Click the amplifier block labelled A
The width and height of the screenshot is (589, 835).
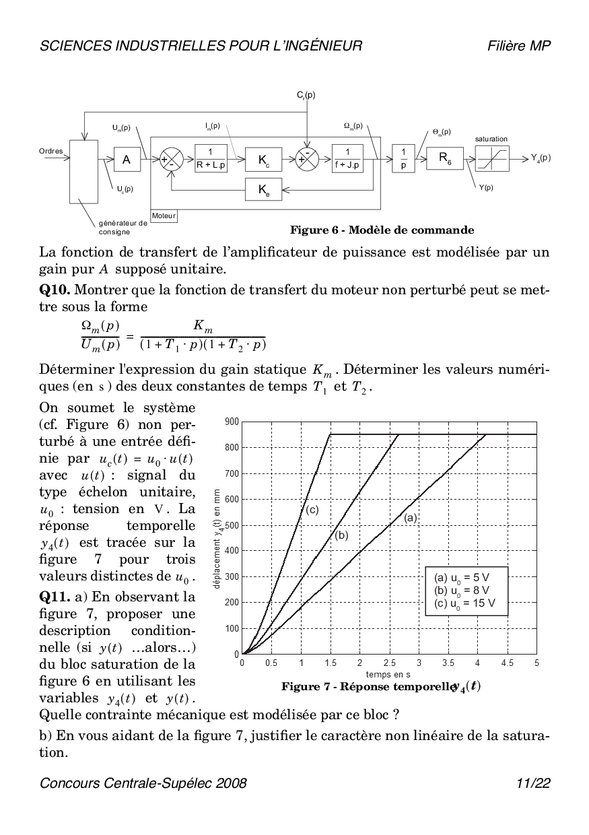pyautogui.click(x=126, y=160)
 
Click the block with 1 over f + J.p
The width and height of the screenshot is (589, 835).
pyautogui.click(x=347, y=160)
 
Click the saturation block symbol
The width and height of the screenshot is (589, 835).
pyautogui.click(x=491, y=160)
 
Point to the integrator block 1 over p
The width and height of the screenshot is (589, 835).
pyautogui.click(x=403, y=160)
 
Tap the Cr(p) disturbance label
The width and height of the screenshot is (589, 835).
pyautogui.click(x=306, y=96)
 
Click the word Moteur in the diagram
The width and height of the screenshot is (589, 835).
pyautogui.click(x=164, y=216)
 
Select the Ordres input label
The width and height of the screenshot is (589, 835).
pyautogui.click(x=51, y=151)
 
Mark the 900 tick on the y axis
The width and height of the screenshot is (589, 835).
pyautogui.click(x=232, y=422)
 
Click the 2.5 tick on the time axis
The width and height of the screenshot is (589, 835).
pyautogui.click(x=389, y=663)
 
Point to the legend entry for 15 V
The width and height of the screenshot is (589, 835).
pyautogui.click(x=465, y=603)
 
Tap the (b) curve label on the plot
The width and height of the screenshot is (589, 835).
pyautogui.click(x=341, y=536)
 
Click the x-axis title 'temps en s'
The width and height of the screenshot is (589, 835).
pyautogui.click(x=388, y=673)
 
